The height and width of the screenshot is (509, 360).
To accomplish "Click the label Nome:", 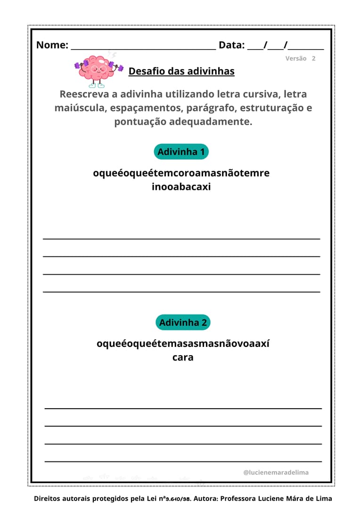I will click(x=52, y=45).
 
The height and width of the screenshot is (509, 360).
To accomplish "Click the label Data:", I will click(x=231, y=45).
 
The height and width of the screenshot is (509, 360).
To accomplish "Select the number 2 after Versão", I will click(x=313, y=58).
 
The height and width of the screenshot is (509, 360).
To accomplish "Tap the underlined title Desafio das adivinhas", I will click(x=181, y=71).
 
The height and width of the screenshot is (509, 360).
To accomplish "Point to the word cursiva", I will click(x=255, y=94).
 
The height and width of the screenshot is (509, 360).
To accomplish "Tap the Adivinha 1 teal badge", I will click(x=181, y=152).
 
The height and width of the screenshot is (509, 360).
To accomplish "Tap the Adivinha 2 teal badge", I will click(x=183, y=322).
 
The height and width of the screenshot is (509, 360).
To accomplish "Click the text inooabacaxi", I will click(x=181, y=187).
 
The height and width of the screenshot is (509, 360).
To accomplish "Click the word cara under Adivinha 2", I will click(x=183, y=357).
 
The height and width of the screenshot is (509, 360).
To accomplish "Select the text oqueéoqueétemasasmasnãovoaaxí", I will click(x=183, y=344).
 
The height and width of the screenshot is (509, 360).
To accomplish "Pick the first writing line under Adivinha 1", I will click(x=181, y=238).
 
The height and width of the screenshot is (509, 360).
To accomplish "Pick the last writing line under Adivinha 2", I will click(x=183, y=461).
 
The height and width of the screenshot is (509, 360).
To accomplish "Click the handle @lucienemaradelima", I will click(x=276, y=472).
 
